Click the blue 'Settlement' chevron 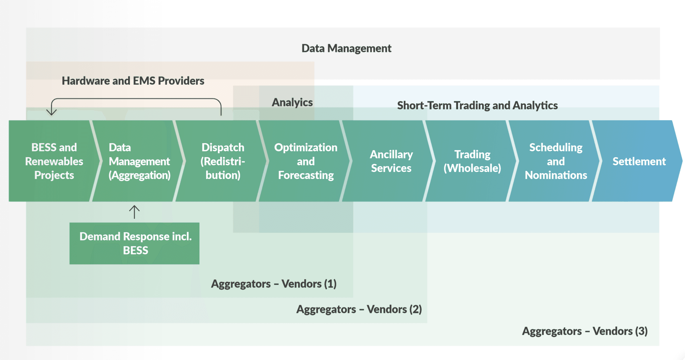[637, 161]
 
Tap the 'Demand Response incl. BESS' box [134, 243]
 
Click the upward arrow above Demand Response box [134, 212]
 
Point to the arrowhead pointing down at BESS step [51, 112]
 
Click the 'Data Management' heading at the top [346, 48]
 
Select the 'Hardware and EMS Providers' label [133, 81]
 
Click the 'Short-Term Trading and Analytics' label [478, 105]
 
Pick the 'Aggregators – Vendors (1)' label [274, 284]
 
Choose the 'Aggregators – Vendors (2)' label [359, 309]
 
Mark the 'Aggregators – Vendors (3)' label [585, 331]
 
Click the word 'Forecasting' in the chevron [306, 175]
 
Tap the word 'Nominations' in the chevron [556, 175]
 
